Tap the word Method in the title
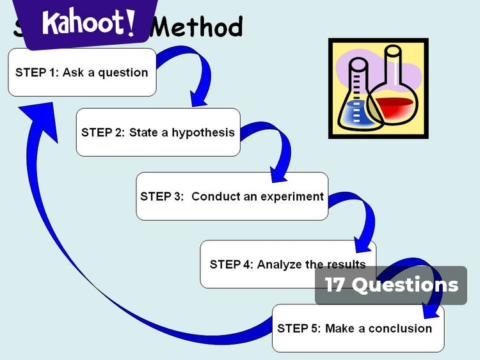click(x=200, y=27)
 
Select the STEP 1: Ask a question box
click(x=82, y=72)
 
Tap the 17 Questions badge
click(x=391, y=285)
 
